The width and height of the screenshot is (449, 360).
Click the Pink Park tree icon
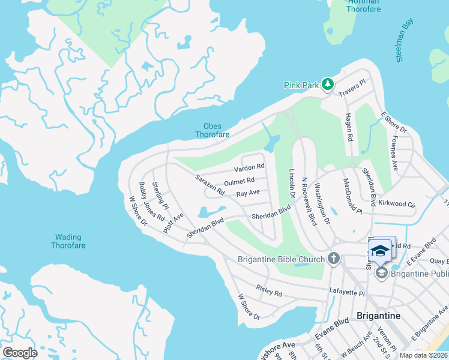[327, 85]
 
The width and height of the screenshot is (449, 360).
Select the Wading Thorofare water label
[68, 241]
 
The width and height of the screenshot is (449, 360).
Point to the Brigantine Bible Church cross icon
[333, 259]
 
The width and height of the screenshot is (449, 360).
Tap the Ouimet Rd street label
[239, 181]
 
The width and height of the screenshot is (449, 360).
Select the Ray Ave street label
[247, 194]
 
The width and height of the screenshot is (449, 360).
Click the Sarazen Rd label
[209, 185]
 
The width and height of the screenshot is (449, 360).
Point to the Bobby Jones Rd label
[151, 202]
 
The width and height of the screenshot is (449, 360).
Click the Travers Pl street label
[352, 90]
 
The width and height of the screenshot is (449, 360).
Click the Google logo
[19, 352]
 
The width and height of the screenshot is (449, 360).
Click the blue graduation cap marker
[379, 250]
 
